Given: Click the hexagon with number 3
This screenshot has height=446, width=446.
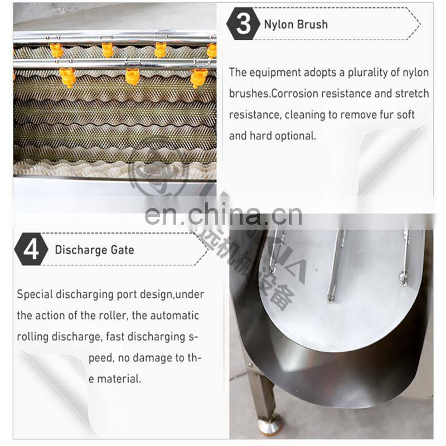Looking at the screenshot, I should (244, 24).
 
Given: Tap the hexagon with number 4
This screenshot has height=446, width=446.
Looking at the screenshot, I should (31, 249).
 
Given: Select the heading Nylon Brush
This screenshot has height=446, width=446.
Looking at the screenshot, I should (295, 25).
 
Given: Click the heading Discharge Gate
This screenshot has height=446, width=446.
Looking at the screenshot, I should (94, 250).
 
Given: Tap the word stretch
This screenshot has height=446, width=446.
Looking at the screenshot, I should (411, 94).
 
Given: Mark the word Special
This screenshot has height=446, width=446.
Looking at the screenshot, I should (34, 294).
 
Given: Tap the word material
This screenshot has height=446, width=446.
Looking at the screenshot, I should (119, 379).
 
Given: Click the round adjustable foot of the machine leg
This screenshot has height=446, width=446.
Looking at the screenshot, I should (269, 426).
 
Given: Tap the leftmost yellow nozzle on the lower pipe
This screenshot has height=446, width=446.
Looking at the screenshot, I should (68, 77).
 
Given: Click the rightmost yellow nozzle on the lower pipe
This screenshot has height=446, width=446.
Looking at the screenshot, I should (198, 77).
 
